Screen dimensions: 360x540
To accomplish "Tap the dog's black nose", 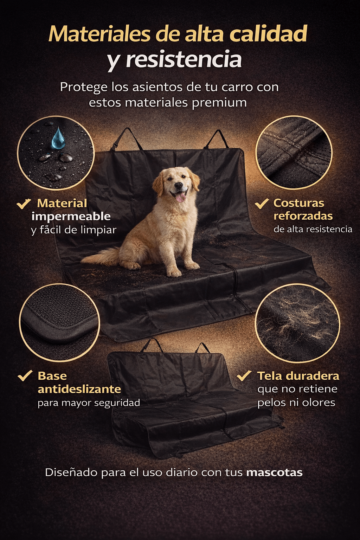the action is pyautogui.click(x=179, y=185).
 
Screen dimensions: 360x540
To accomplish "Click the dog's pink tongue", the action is pyautogui.click(x=180, y=198).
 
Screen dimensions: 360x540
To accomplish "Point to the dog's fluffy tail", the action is pyautogui.click(x=101, y=257).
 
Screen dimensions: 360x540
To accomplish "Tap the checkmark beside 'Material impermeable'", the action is pyautogui.click(x=24, y=204).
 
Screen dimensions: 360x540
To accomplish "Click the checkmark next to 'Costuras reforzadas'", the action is pyautogui.click(x=262, y=204).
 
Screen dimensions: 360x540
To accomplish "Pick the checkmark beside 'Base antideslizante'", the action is pyautogui.click(x=25, y=375).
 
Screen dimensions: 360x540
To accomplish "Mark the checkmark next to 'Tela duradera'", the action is pyautogui.click(x=244, y=375).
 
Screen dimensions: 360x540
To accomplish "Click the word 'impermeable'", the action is pyautogui.click(x=71, y=217).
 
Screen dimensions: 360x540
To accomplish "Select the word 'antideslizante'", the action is pyautogui.click(x=79, y=389).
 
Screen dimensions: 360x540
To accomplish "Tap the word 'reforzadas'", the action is pyautogui.click(x=303, y=216).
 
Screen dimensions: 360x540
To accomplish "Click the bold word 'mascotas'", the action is pyautogui.click(x=274, y=472).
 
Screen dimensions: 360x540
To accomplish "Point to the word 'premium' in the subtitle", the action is pyautogui.click(x=219, y=103).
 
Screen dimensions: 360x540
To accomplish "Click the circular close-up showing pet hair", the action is pyautogui.click(x=297, y=323).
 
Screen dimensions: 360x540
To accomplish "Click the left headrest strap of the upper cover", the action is pyautogui.click(x=127, y=139).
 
